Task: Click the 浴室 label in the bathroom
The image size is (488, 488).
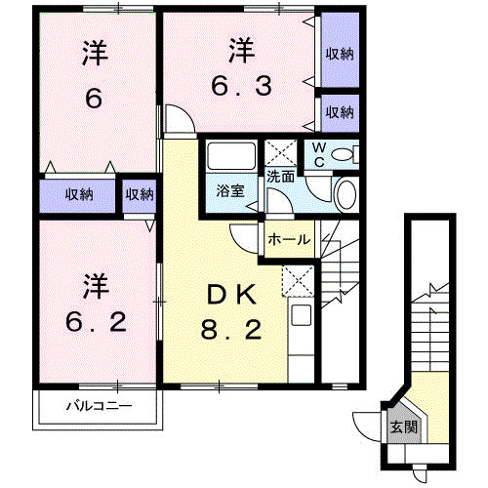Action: tap(231, 191)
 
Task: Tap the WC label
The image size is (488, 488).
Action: tap(318, 155)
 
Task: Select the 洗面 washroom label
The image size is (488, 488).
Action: tap(280, 178)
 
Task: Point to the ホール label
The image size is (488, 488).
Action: tap(288, 239)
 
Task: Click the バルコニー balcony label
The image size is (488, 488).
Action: tap(99, 405)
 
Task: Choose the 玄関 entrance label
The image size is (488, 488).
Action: tap(403, 427)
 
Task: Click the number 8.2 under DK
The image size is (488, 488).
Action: tap(231, 333)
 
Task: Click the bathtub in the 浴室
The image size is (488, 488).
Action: tap(230, 156)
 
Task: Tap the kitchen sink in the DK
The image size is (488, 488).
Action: tap(301, 317)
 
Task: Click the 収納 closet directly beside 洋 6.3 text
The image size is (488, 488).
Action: tap(340, 53)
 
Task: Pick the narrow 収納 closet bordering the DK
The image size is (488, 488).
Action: tap(140, 193)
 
